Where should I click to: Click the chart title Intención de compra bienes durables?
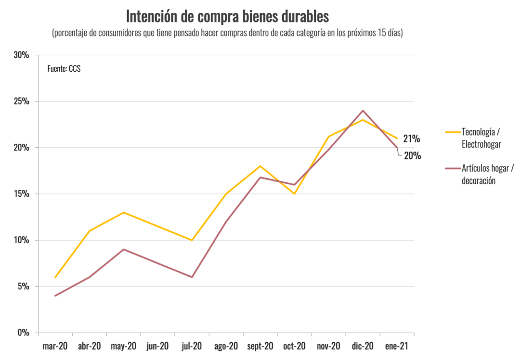(x=227, y=16)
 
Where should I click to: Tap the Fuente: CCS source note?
(x=64, y=69)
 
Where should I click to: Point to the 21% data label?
(x=412, y=139)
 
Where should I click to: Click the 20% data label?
(x=413, y=155)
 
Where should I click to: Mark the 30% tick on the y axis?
(x=21, y=55)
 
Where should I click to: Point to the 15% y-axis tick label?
(x=21, y=194)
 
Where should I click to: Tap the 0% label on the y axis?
(x=23, y=333)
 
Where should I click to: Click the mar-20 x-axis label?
(x=55, y=346)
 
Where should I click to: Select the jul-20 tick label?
(x=192, y=346)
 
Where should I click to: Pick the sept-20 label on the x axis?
(x=260, y=346)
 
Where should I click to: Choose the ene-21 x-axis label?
(x=397, y=346)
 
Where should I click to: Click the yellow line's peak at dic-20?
(x=363, y=120)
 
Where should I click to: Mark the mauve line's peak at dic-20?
(x=363, y=110)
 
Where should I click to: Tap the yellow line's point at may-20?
(x=124, y=212)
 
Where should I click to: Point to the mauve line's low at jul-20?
(x=192, y=277)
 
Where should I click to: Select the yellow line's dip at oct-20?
(x=294, y=194)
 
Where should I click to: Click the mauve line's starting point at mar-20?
(x=55, y=296)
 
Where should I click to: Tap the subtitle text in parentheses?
(x=227, y=33)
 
